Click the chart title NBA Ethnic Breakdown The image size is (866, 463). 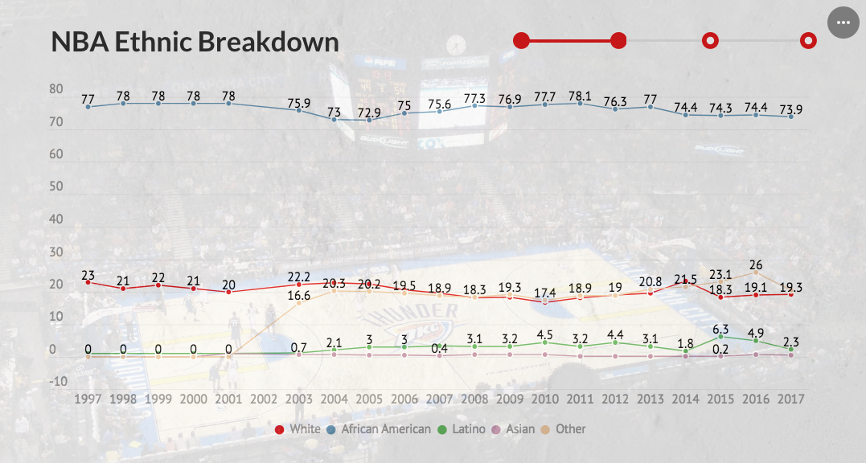coord(195,42)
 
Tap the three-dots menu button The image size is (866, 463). coord(843,23)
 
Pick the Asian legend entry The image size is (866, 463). coord(515,429)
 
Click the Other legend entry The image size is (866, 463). coord(564,429)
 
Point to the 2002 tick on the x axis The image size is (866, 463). coord(264,399)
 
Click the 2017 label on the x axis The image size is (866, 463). coord(791,399)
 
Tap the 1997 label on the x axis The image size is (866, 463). coord(88,399)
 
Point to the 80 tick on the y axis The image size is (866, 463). coord(57,89)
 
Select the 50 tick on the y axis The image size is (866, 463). coord(57,186)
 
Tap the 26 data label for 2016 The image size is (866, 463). coord(756,264)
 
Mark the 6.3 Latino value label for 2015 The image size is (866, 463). coord(720,329)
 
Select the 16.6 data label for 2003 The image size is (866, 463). coord(299,296)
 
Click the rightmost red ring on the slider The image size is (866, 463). coord(809,40)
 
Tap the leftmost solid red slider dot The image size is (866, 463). coord(521,40)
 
